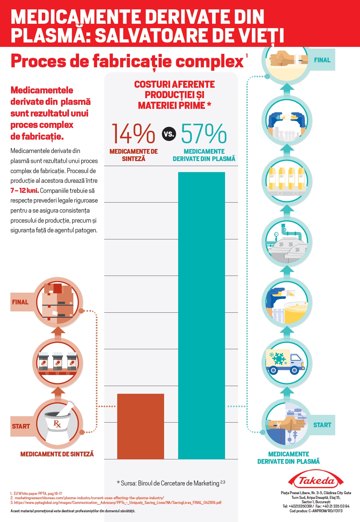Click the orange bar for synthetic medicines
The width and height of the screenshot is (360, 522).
point(141,426)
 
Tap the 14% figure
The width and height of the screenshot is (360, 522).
point(133,134)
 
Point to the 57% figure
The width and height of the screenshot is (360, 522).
point(204,134)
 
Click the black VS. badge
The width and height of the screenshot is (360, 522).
point(169,134)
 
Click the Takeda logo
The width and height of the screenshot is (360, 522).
point(316,480)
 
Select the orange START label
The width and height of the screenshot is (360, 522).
point(21,426)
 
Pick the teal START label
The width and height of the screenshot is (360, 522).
point(322,425)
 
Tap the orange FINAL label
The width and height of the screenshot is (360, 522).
point(20,302)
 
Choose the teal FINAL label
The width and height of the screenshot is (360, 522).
point(322,60)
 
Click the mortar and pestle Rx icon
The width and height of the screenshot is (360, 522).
point(58,424)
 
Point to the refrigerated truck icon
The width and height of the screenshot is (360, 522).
point(287,363)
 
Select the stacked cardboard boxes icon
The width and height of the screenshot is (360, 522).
point(58,302)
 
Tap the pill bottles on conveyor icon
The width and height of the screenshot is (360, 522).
point(58,363)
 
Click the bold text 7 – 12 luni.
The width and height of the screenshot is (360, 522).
point(24,191)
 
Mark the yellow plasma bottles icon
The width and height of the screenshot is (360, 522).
point(287,181)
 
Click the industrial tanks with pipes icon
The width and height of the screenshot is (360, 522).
point(287,242)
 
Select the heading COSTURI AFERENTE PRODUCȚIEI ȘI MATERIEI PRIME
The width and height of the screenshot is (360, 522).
point(174,95)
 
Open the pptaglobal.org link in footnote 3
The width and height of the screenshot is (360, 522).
point(118,503)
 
